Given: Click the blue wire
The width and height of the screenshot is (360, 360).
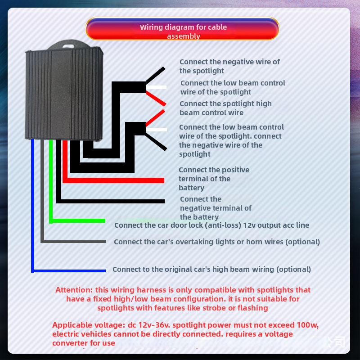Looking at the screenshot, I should click(x=67, y=270).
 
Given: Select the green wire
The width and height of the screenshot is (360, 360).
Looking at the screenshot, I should click(x=76, y=220).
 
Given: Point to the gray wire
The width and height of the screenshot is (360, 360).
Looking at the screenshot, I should click(x=72, y=242).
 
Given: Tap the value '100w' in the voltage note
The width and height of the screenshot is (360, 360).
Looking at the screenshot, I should click(x=307, y=325).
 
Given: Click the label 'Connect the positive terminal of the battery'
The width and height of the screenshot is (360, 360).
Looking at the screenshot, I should click(x=213, y=179).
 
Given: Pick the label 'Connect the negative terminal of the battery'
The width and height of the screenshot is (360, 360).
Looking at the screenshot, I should click(x=215, y=208).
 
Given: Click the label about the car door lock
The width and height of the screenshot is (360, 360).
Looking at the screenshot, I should click(x=211, y=225).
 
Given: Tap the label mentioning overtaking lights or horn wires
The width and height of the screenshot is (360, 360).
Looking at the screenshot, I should click(x=216, y=242).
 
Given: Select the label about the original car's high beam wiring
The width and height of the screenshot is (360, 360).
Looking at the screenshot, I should click(x=211, y=269).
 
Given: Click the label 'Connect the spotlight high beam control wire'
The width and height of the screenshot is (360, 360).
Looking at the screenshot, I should click(x=225, y=108).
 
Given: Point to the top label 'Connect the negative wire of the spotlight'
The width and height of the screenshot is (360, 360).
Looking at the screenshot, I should click(x=229, y=66).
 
